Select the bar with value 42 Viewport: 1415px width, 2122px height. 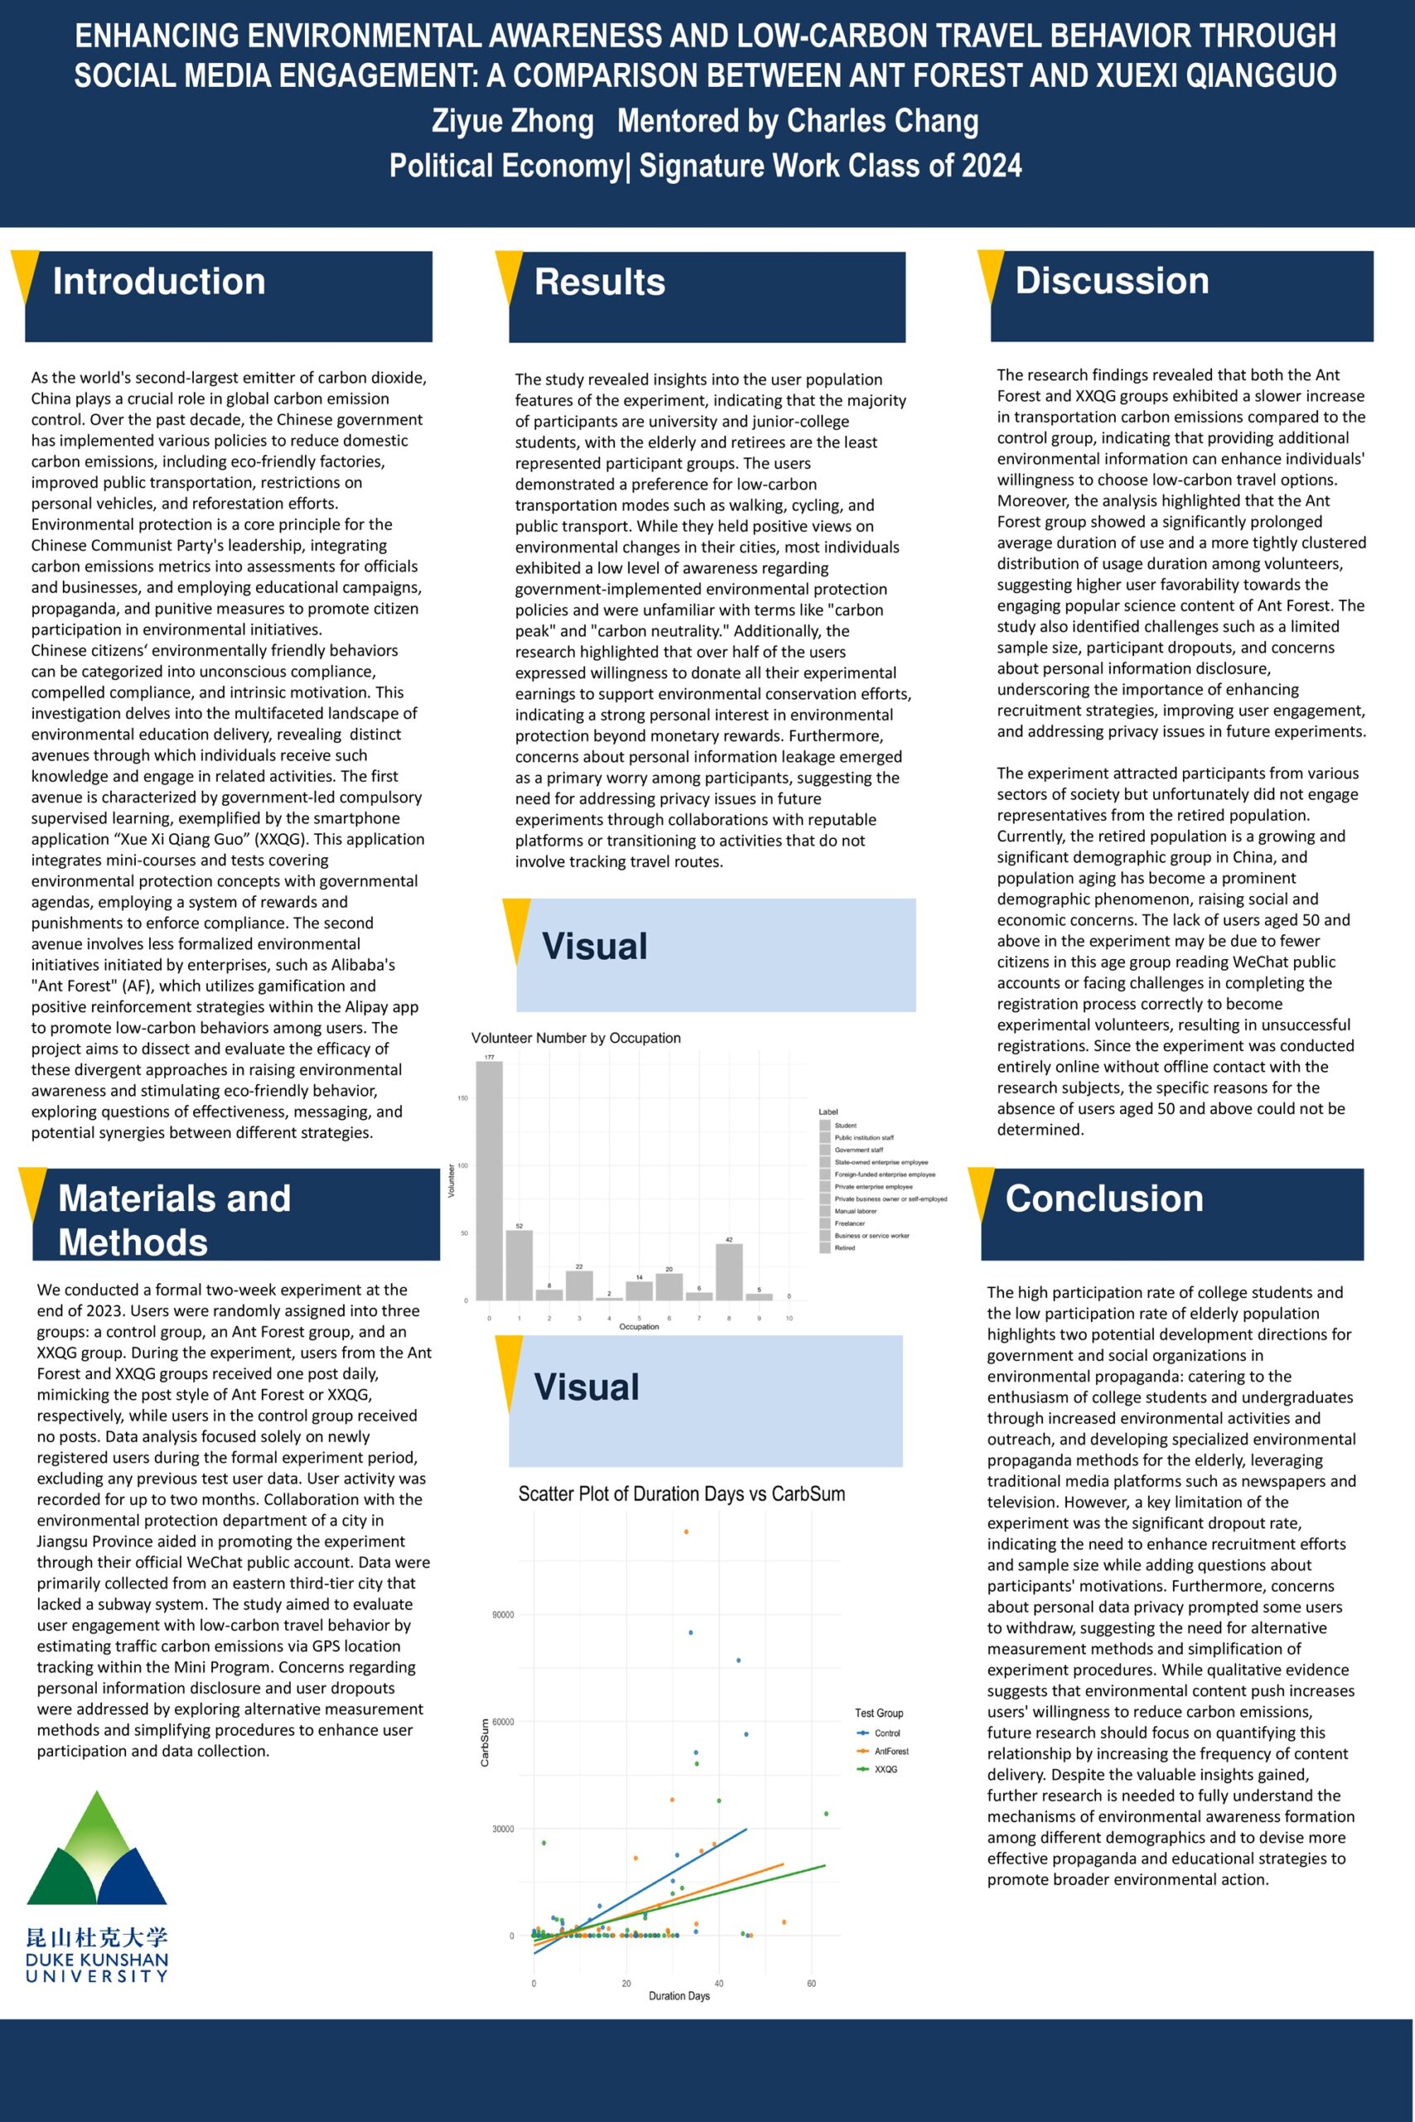coord(729,1272)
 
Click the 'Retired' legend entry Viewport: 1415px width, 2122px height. coord(844,1248)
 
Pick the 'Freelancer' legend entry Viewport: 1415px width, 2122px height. coord(849,1223)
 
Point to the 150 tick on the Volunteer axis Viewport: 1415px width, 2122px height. coord(463,1098)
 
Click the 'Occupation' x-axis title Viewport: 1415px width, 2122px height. coord(639,1326)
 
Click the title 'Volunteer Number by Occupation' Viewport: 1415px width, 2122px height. coord(576,1038)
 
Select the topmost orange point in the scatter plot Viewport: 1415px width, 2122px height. coord(686,1531)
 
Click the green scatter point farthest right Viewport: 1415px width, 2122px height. coord(826,1814)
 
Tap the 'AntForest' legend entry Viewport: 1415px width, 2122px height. coord(890,1751)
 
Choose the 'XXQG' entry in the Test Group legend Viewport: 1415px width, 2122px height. coord(885,1769)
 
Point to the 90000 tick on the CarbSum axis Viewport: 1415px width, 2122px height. coord(502,1614)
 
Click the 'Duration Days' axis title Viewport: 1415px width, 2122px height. coord(679,1996)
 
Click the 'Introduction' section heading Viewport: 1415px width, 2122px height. coord(159,282)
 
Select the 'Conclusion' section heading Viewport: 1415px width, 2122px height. coord(1103,1198)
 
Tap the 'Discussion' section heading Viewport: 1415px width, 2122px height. coord(1112,281)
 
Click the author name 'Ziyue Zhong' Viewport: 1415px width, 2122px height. coord(512,121)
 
